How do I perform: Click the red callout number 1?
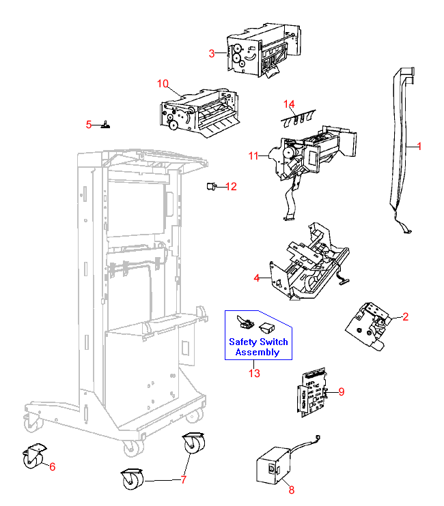[x=419, y=146]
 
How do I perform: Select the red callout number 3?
[x=212, y=53]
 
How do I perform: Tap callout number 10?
[x=163, y=84]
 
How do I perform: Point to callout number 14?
[x=289, y=104]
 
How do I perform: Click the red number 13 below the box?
[x=254, y=373]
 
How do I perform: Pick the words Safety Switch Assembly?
[x=258, y=347]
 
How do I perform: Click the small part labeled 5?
[x=107, y=125]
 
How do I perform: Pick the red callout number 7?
[x=183, y=479]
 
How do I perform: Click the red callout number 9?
[x=342, y=391]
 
